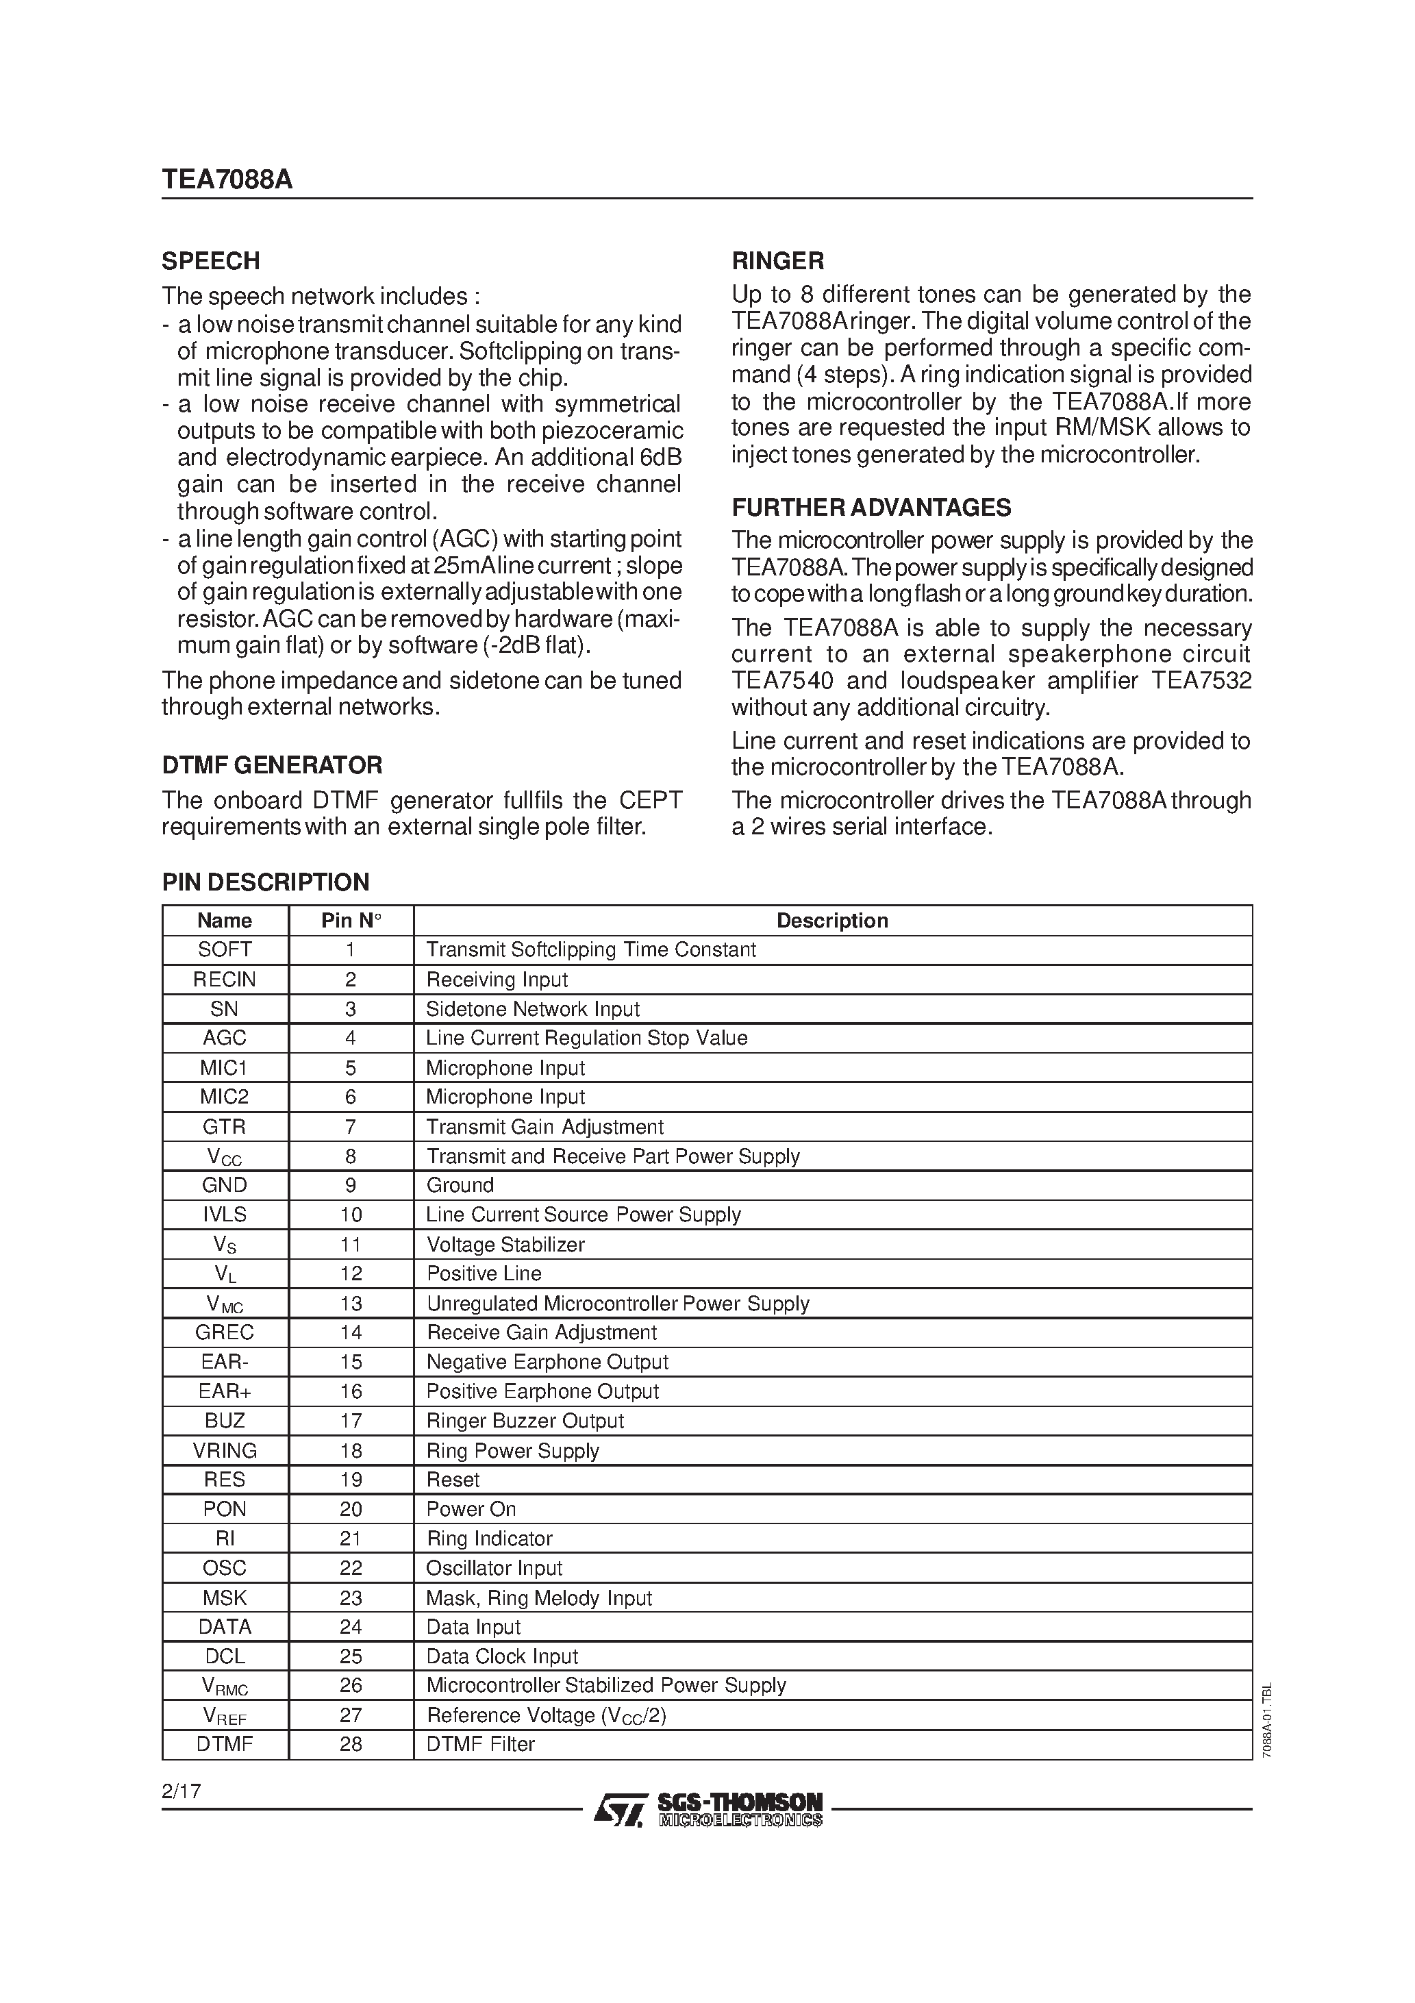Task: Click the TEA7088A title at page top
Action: [227, 179]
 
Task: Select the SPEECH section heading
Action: [211, 261]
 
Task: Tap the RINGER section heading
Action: [777, 261]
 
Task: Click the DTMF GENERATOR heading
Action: [272, 765]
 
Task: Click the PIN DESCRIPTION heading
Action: [265, 882]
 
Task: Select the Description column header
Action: [831, 921]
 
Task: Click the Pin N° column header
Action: [351, 921]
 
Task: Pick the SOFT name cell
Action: [225, 949]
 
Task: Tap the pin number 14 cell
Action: [351, 1332]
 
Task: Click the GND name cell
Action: [225, 1184]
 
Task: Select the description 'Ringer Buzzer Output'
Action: [525, 1420]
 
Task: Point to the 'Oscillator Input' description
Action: [494, 1568]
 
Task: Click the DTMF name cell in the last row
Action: [225, 1744]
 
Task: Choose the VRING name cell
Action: [225, 1450]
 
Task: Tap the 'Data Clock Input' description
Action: [501, 1656]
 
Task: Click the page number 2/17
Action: [181, 1791]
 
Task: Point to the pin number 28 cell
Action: [351, 1744]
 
